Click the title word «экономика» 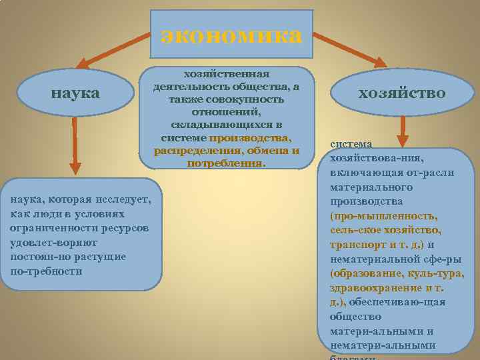[231, 35]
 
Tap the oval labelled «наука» [76, 93]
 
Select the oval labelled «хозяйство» [401, 93]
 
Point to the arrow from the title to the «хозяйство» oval [349, 49]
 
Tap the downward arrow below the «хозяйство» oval [402, 131]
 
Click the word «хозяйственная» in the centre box [227, 73]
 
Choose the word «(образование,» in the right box [366, 273]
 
